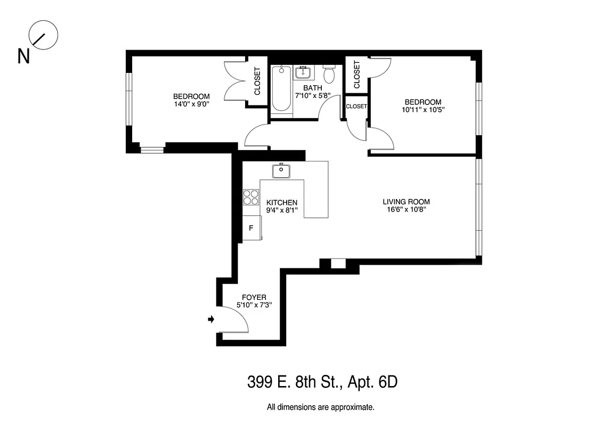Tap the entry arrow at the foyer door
(x=211, y=319)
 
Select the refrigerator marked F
(x=251, y=228)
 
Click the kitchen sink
(x=281, y=171)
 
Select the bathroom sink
(x=304, y=71)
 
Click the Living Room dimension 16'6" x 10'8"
(x=406, y=210)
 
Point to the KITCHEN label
(x=282, y=202)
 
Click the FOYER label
(x=254, y=297)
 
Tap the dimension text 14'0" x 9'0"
(x=191, y=104)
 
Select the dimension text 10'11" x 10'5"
(x=423, y=110)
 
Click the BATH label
(x=313, y=88)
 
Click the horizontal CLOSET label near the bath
(x=356, y=106)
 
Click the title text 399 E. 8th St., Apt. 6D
(x=322, y=382)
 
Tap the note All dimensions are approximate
(x=320, y=407)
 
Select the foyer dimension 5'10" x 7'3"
(x=254, y=306)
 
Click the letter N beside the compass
(x=23, y=56)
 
